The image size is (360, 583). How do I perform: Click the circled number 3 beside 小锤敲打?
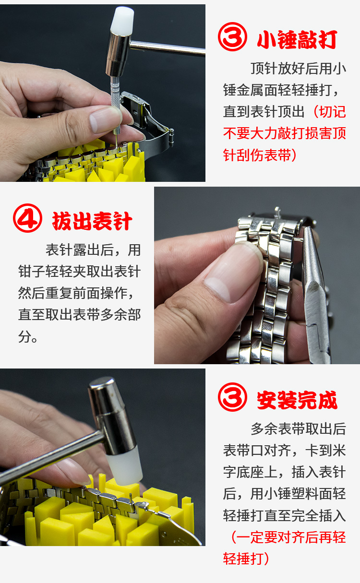pyautogui.click(x=232, y=38)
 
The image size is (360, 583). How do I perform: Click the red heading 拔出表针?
pyautogui.click(x=92, y=222)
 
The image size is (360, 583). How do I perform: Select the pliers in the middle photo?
pyautogui.click(x=314, y=288)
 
